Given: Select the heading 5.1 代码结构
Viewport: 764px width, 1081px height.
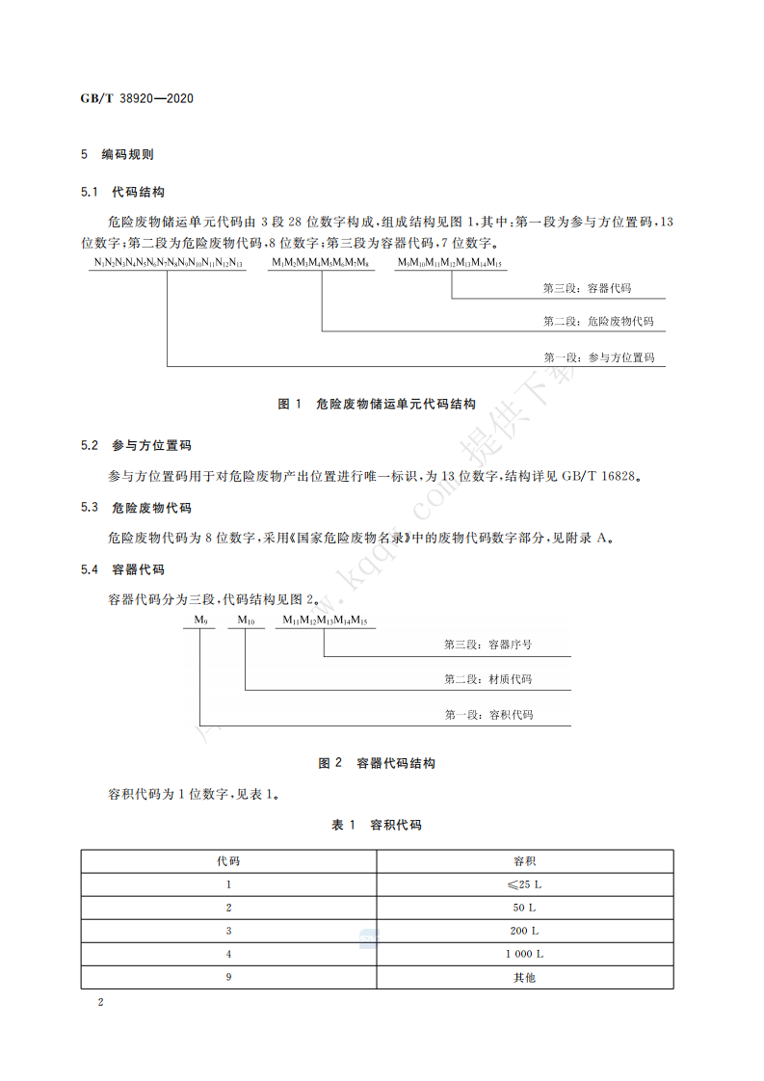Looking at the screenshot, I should pyautogui.click(x=123, y=193).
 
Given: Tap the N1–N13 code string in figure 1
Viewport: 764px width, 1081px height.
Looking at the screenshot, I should pyautogui.click(x=168, y=263).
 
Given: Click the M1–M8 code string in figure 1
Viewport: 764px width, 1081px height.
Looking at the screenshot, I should pyautogui.click(x=321, y=263).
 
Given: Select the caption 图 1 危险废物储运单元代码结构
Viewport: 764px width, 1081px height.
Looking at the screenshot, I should pyautogui.click(x=377, y=405).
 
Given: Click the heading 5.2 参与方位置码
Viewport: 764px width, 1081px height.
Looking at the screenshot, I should pyautogui.click(x=137, y=445).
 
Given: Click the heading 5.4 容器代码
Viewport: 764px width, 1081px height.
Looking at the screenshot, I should pyautogui.click(x=123, y=569).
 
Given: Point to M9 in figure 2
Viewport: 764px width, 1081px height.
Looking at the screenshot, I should pyautogui.click(x=199, y=621).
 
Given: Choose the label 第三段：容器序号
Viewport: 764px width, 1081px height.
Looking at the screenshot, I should pyautogui.click(x=488, y=645).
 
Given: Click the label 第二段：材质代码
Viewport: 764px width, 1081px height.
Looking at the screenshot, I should pyautogui.click(x=488, y=679).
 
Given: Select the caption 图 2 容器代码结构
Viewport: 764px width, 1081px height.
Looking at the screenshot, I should pyautogui.click(x=377, y=763).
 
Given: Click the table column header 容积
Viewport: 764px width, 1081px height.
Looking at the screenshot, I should pyautogui.click(x=525, y=860).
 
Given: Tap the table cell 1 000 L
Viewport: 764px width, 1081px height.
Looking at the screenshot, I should pyautogui.click(x=525, y=954).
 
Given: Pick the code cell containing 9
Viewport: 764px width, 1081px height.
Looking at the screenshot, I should pyautogui.click(x=228, y=977).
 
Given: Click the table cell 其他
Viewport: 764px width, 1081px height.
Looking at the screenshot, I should pyautogui.click(x=525, y=977).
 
